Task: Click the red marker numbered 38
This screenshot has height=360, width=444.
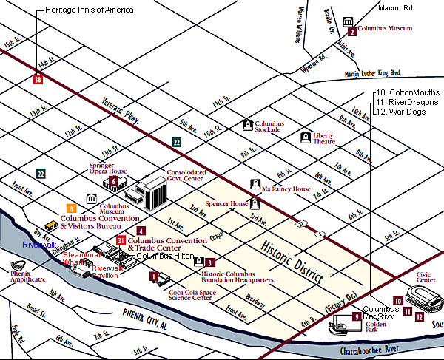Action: pos(38,80)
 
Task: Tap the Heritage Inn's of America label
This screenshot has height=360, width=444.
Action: pos(90,10)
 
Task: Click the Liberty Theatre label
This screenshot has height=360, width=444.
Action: pos(329,140)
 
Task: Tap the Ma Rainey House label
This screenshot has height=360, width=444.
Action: pos(286,189)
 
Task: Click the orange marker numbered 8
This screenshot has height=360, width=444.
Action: pos(71,209)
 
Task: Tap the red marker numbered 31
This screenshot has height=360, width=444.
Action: pos(121,241)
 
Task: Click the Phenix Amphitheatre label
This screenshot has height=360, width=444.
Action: pos(24,283)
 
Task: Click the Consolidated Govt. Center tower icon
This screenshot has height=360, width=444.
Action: pos(155,192)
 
